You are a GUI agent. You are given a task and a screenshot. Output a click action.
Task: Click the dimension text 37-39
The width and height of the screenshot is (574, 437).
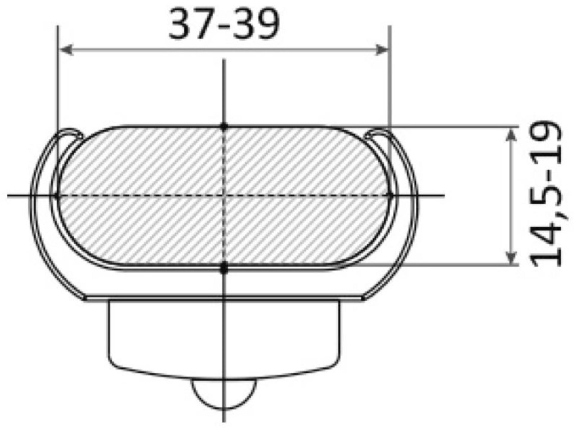[x=224, y=24]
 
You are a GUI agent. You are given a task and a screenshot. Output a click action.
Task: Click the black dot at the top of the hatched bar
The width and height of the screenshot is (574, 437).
[x=224, y=127]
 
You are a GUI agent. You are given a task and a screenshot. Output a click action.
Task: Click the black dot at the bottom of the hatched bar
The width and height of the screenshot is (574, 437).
[x=224, y=267]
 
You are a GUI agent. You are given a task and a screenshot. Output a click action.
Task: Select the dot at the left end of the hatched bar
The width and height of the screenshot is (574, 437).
[x=57, y=196]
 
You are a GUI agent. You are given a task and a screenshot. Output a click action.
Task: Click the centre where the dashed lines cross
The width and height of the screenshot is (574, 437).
[x=224, y=196]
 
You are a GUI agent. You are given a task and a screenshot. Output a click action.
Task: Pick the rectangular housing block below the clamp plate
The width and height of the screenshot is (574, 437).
[x=224, y=337]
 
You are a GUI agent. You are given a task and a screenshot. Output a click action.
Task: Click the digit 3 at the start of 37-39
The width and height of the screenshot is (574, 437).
[x=179, y=24]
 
